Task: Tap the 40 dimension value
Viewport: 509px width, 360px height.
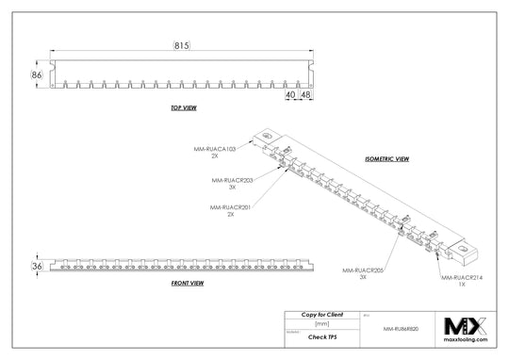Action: [x=290, y=95]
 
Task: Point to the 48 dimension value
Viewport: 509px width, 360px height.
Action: [x=305, y=95]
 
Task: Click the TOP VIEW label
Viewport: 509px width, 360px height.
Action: [x=183, y=109]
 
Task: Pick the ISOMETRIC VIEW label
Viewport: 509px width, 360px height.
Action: [x=387, y=159]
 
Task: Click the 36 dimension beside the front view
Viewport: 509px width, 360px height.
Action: [x=37, y=268]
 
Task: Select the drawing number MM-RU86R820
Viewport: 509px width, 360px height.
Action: [x=402, y=330]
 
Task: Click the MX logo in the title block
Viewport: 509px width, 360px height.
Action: [x=466, y=327]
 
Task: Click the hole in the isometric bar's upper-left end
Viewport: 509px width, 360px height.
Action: [x=268, y=137]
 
